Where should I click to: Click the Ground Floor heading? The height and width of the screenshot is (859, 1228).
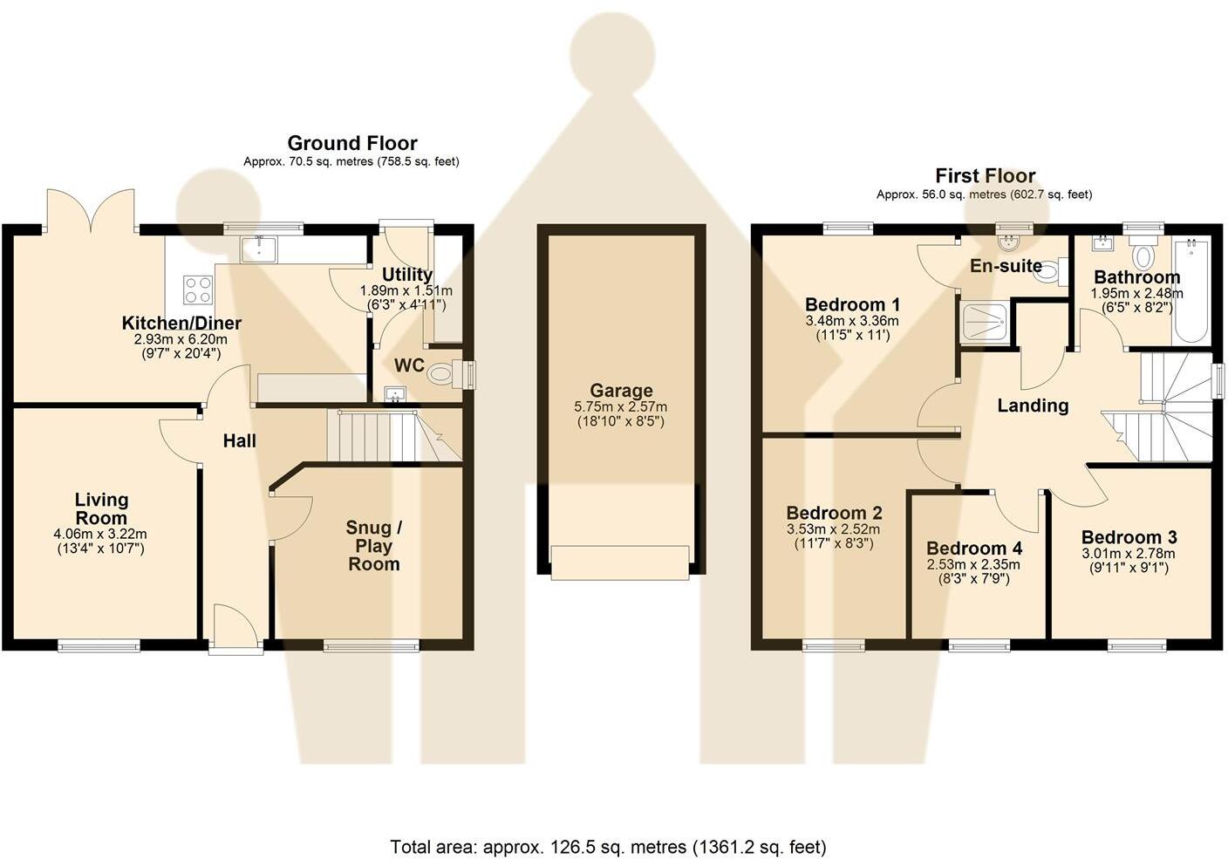pyautogui.click(x=352, y=143)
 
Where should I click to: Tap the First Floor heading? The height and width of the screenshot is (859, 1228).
pyautogui.click(x=985, y=175)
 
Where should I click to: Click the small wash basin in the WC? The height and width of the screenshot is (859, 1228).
pyautogui.click(x=395, y=395)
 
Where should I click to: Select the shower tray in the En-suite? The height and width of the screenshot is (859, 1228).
pyautogui.click(x=986, y=322)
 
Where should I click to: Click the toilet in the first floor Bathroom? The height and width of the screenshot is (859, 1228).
pyautogui.click(x=1142, y=255)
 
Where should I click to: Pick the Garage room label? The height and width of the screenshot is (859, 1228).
pyautogui.click(x=621, y=391)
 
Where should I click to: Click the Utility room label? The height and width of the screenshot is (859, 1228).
pyautogui.click(x=406, y=275)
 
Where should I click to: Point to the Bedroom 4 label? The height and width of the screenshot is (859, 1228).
pyautogui.click(x=973, y=549)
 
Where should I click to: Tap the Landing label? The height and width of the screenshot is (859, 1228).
pyautogui.click(x=1033, y=406)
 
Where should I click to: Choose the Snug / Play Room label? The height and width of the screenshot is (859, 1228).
pyautogui.click(x=374, y=546)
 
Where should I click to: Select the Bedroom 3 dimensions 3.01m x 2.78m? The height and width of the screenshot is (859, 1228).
pyautogui.click(x=1128, y=554)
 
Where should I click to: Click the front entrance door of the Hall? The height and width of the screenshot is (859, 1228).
pyautogui.click(x=235, y=630)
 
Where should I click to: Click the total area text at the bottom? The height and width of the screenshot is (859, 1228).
pyautogui.click(x=607, y=846)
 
